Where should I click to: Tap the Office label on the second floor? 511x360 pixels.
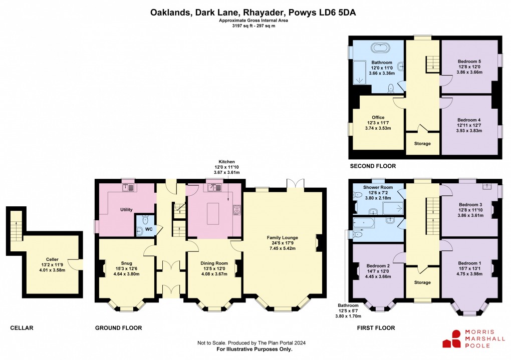point(378,118)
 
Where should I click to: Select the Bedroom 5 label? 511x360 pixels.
point(469,61)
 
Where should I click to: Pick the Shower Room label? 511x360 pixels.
point(378,187)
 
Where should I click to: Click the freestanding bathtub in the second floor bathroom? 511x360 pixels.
point(382,49)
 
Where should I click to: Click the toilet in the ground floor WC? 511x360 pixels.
point(145,220)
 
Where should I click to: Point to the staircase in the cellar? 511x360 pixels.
point(16,224)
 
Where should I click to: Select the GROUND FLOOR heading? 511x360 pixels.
point(118,328)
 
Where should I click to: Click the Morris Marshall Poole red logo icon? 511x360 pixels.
point(452,339)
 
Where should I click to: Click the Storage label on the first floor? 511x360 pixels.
point(422,283)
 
